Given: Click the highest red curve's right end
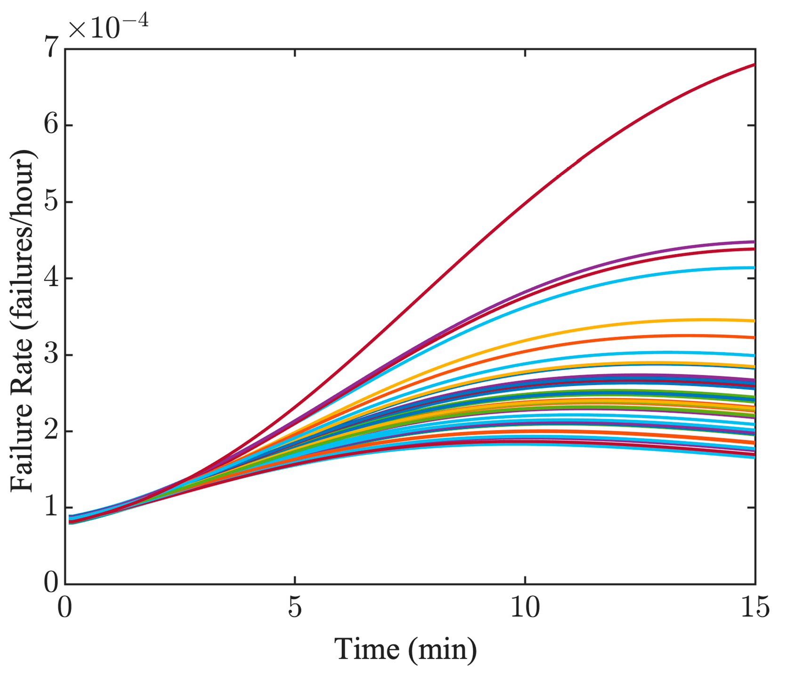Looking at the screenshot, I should (x=753, y=65).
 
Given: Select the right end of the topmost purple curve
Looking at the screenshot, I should (x=753, y=242).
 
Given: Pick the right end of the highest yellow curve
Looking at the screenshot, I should (x=753, y=321).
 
